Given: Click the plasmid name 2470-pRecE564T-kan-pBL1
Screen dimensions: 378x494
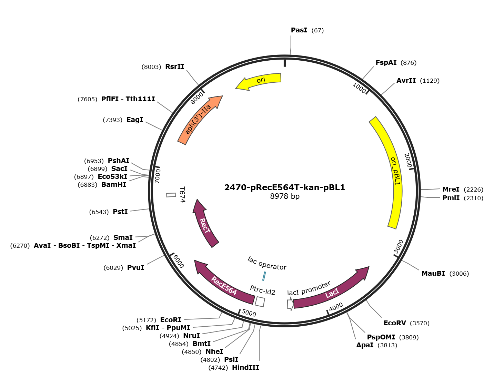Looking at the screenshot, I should [284, 187].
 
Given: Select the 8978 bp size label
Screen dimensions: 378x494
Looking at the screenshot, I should [284, 196].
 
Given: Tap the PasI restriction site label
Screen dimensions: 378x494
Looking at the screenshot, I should [299, 30].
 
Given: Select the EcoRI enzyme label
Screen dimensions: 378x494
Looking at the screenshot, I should [171, 320].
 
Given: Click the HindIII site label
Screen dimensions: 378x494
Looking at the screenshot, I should [245, 368].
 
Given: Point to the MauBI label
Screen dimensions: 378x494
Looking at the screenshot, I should [433, 274].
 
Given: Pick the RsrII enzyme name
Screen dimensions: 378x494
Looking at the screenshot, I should [175, 67].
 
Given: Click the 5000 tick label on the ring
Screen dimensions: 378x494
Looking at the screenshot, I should [249, 313].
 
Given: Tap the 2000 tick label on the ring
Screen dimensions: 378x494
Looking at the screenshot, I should [408, 161].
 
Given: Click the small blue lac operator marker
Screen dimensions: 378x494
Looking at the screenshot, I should [264, 276].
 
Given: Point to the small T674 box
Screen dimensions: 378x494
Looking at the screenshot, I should [171, 195].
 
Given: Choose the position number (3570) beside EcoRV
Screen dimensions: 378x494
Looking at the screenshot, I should [420, 323].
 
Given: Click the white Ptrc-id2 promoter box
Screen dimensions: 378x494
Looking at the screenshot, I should [260, 302].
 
